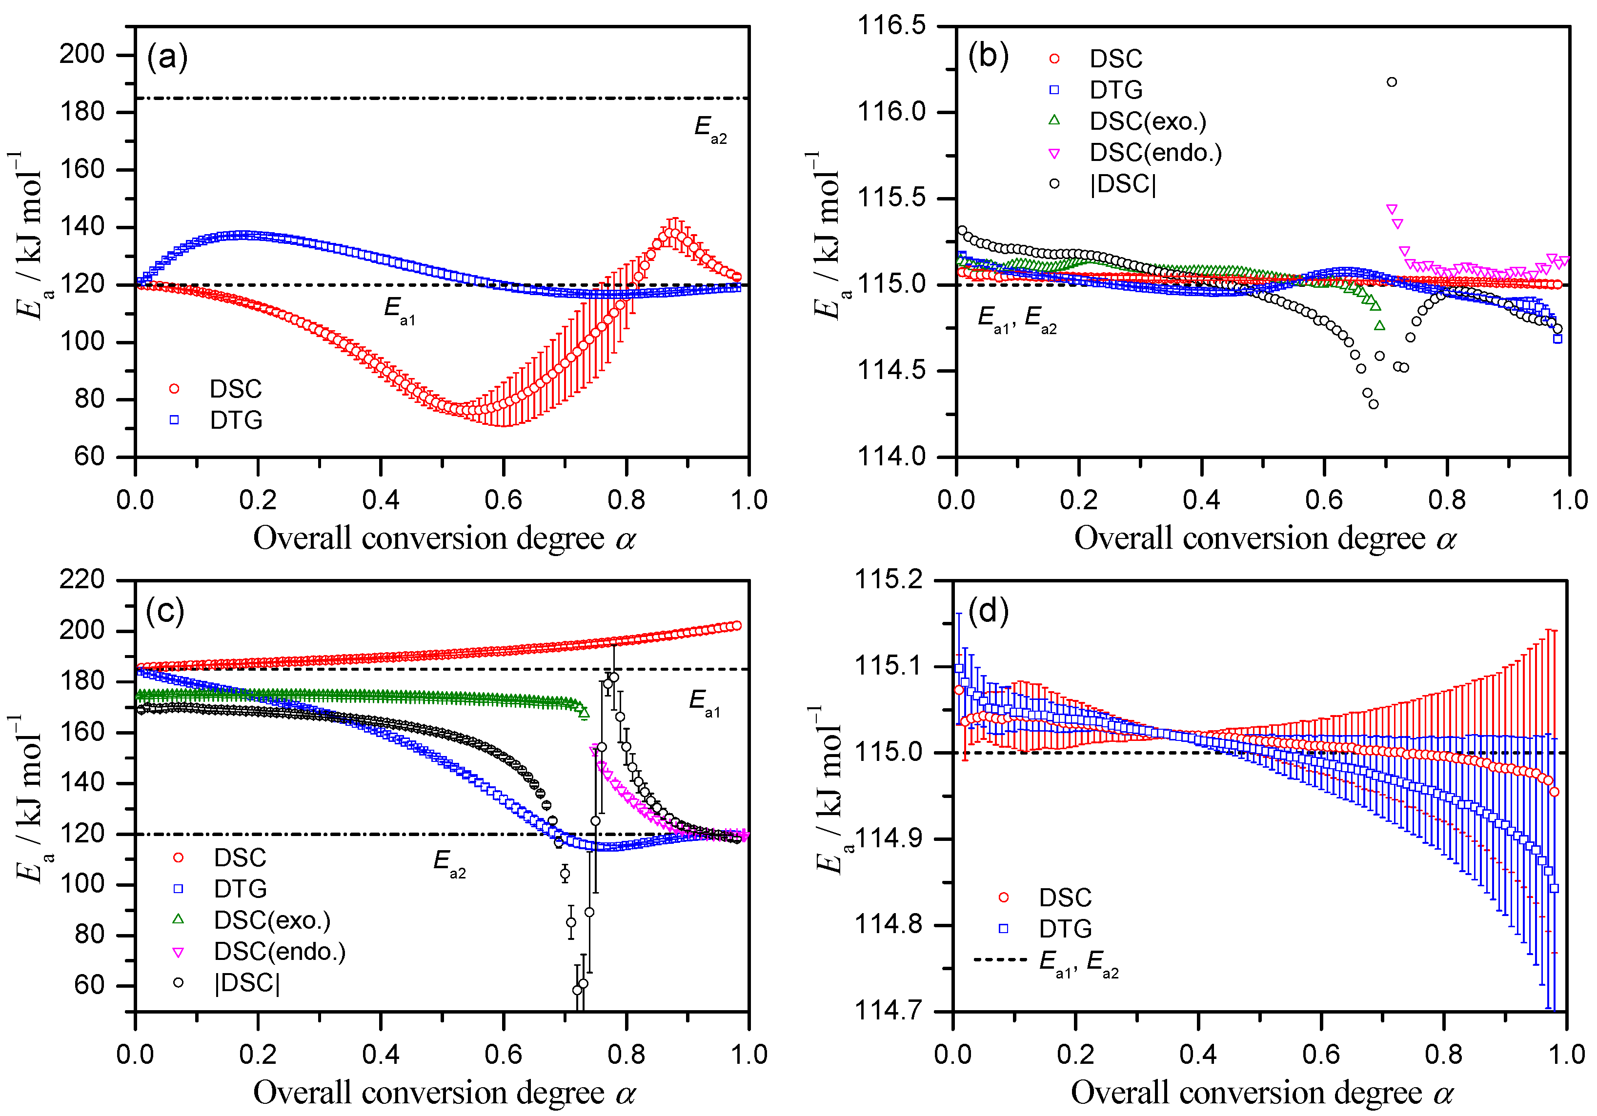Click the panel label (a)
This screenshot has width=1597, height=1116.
point(167,56)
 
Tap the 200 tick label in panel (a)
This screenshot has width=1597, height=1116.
point(82,54)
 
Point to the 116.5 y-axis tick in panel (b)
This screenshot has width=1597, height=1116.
point(892,26)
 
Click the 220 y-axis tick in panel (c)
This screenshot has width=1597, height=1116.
point(82,579)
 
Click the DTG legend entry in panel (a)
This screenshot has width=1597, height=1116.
point(216,420)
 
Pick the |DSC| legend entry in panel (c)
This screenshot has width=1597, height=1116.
point(229,982)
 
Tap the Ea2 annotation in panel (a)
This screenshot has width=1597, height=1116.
point(710,129)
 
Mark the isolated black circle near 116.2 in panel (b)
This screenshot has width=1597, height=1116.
point(1392,82)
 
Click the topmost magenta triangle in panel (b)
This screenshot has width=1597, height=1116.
point(1392,209)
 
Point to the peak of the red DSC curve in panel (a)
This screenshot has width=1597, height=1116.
point(673,234)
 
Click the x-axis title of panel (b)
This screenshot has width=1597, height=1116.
point(1265,539)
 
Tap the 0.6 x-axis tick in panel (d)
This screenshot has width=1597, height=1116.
point(1321,1054)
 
